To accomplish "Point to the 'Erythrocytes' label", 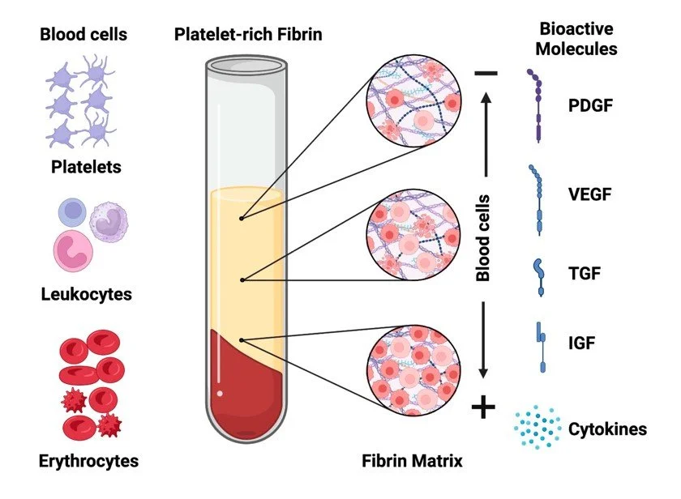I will click(x=89, y=462).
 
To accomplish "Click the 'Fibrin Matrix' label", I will click(x=412, y=462).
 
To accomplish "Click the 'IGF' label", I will click(x=581, y=343).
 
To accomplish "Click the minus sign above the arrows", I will click(x=486, y=74).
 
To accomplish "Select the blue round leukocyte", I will click(x=73, y=214).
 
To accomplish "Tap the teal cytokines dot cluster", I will click(x=538, y=428).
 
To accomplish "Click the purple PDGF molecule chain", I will click(x=538, y=105).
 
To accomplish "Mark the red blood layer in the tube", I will click(x=243, y=385).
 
